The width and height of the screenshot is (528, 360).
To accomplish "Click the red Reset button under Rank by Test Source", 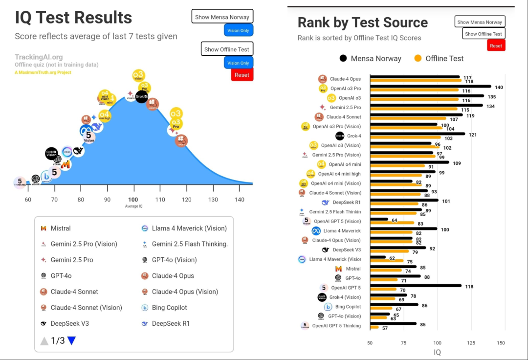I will (x=496, y=45).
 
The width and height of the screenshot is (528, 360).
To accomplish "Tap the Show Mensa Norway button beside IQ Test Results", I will (x=222, y=17).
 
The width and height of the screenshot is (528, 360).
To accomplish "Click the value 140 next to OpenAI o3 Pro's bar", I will (x=499, y=87).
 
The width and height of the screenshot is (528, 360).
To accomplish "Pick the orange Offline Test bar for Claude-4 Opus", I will (x=415, y=81).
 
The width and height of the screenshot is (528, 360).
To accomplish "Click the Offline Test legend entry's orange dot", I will (x=418, y=58).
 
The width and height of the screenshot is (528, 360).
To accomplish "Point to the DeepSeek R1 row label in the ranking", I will (x=347, y=202).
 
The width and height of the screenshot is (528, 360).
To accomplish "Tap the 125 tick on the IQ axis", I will (x=470, y=343).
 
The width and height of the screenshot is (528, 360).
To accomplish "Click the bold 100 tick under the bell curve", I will (x=133, y=200).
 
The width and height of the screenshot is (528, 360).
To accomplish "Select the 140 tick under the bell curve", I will (x=239, y=200).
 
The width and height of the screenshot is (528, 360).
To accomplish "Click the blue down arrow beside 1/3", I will (x=71, y=341).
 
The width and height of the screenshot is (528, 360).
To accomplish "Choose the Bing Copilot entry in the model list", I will (x=169, y=308).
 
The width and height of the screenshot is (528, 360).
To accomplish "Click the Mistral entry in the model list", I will (x=61, y=228).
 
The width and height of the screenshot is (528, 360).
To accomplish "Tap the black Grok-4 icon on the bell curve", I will (x=142, y=96).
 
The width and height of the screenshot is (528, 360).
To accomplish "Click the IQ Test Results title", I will (x=73, y=18).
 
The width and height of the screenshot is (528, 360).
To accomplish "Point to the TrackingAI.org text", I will (x=39, y=57).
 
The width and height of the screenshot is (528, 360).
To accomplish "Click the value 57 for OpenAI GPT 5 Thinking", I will (x=385, y=328).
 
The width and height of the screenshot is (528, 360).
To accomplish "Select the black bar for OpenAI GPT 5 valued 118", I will (x=416, y=286).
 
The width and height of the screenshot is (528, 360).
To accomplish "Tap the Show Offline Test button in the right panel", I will (x=483, y=34).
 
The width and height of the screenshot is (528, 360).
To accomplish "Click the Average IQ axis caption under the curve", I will (x=133, y=206).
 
